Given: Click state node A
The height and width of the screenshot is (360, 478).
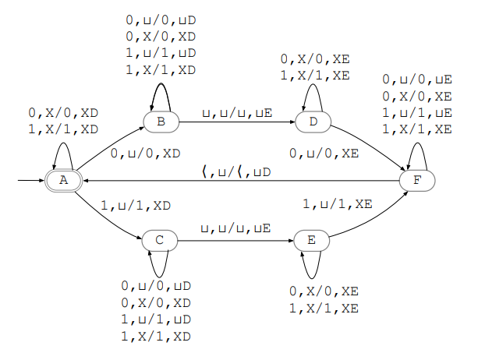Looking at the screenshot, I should pos(65,181).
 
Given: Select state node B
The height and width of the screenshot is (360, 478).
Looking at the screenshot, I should pos(161,122).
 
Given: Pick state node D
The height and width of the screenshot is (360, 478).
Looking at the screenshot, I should pos(313,122).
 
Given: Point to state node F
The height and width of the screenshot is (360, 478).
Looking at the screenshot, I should pos(416,181).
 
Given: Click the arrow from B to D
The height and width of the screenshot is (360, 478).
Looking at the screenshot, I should pos(237,122).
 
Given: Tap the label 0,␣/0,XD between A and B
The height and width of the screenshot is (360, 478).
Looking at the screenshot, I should pos(146,154).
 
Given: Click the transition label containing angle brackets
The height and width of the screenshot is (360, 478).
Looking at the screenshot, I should pos(237,171).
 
